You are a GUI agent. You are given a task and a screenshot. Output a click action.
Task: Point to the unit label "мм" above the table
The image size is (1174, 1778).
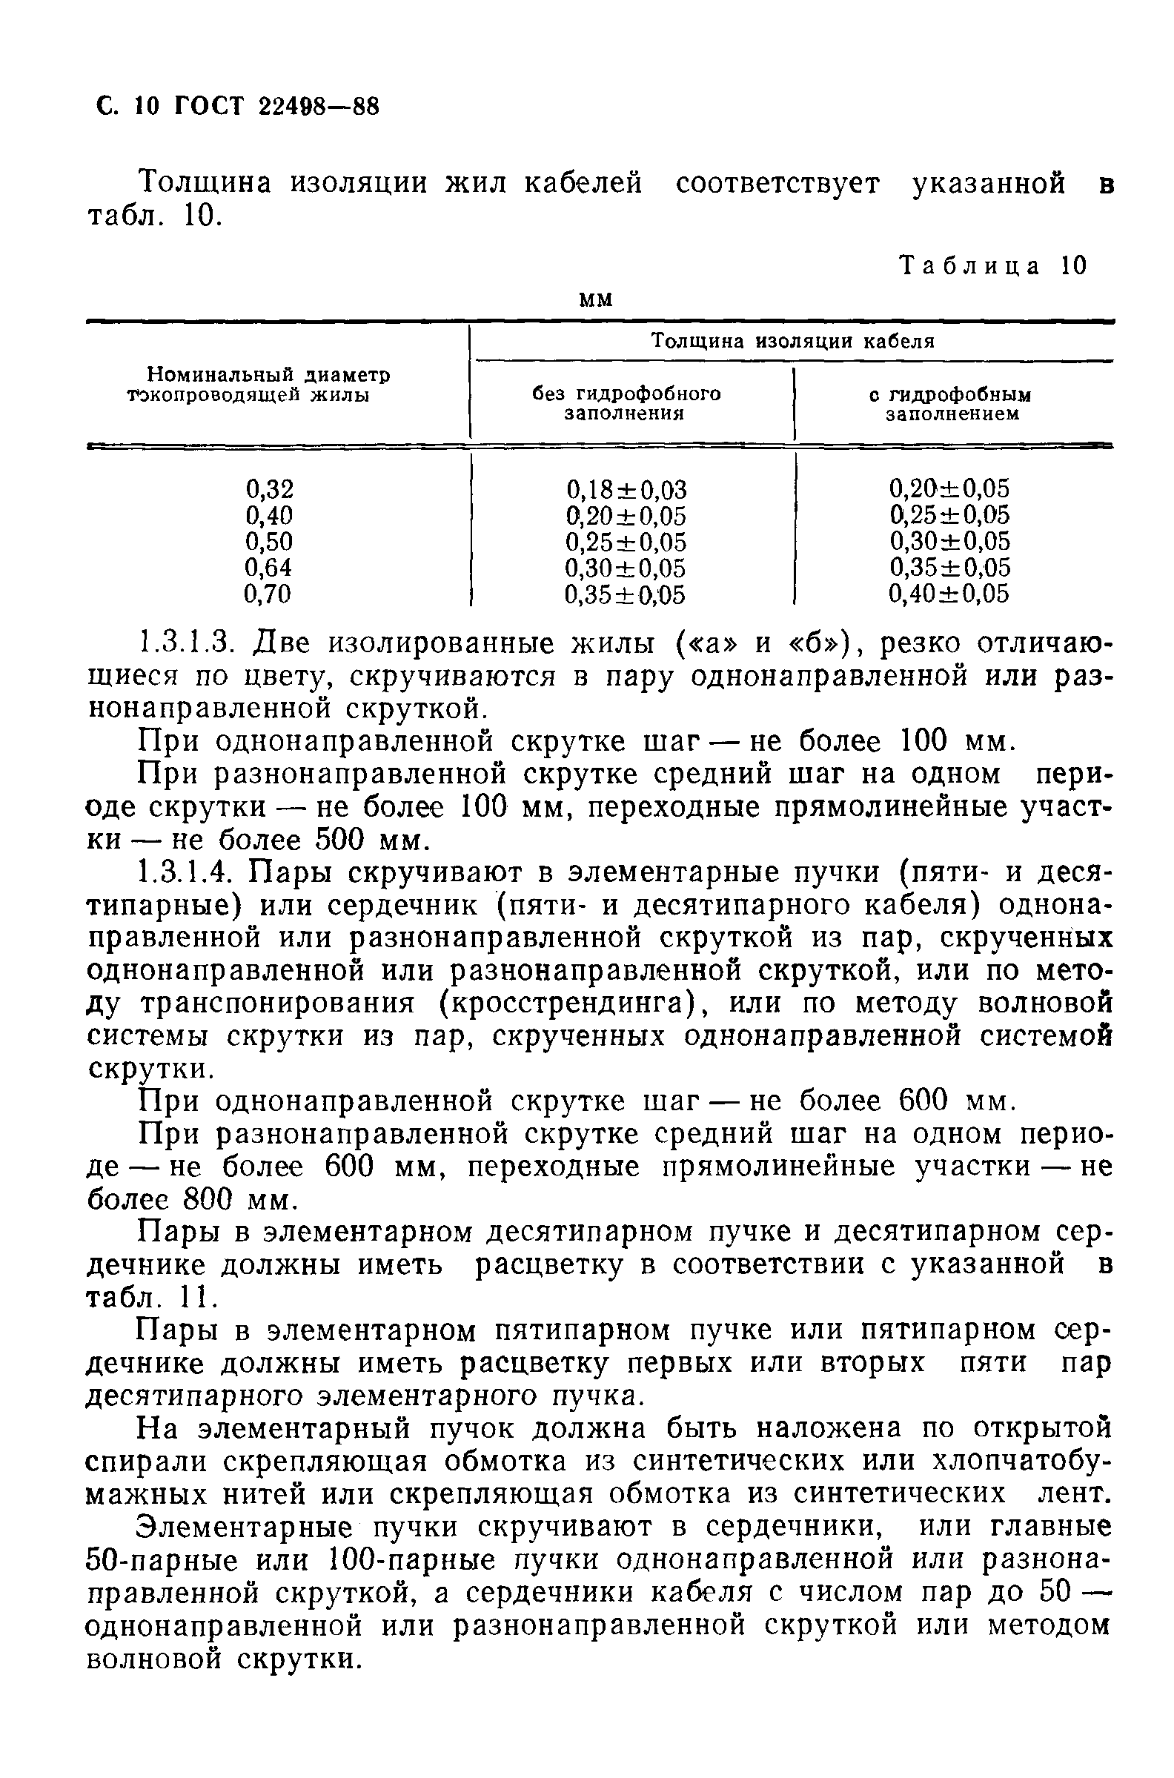(x=597, y=299)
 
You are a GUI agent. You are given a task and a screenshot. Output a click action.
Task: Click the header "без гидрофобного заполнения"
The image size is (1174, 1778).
(x=626, y=403)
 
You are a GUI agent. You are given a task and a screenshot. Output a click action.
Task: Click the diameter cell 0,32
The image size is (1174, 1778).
(x=270, y=489)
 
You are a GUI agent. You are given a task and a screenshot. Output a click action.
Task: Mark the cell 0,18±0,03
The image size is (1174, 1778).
(x=626, y=490)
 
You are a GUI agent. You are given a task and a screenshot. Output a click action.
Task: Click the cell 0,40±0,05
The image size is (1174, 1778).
(x=949, y=594)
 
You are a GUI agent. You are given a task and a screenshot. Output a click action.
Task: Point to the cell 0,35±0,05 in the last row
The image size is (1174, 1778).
(x=625, y=595)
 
